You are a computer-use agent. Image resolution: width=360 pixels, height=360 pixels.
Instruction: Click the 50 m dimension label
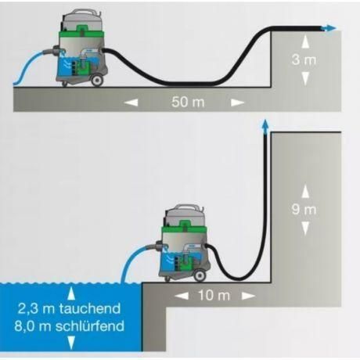[188, 102]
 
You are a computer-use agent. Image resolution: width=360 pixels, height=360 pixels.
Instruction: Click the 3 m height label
[304, 59]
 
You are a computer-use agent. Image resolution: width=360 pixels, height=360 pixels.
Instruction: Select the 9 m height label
[304, 210]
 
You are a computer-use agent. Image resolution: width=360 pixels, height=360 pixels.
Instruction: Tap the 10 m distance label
[214, 296]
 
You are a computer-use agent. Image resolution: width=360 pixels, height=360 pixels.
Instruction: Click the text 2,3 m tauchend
[69, 308]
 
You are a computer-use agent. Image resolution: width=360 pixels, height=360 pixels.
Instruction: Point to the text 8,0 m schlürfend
[69, 326]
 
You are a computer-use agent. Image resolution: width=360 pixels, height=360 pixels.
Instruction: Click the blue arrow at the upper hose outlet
[329, 28]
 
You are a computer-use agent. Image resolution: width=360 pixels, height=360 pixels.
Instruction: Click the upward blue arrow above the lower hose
[265, 127]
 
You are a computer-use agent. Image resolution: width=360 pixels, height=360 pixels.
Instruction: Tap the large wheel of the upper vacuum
[97, 80]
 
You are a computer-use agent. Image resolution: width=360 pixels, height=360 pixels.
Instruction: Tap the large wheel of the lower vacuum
[200, 275]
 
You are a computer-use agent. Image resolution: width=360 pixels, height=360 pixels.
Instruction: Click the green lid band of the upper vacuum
[82, 32]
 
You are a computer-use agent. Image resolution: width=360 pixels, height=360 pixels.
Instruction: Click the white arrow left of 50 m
[131, 103]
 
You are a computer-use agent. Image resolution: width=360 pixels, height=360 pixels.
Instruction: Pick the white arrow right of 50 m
[238, 103]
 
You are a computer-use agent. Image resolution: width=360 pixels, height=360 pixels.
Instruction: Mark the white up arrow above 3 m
[305, 41]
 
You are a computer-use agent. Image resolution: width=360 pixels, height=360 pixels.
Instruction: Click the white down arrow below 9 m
[305, 229]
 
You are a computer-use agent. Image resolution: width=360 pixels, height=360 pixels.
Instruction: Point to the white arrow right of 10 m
[248, 296]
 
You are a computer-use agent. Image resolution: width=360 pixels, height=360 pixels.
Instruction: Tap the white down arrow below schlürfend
[71, 343]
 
